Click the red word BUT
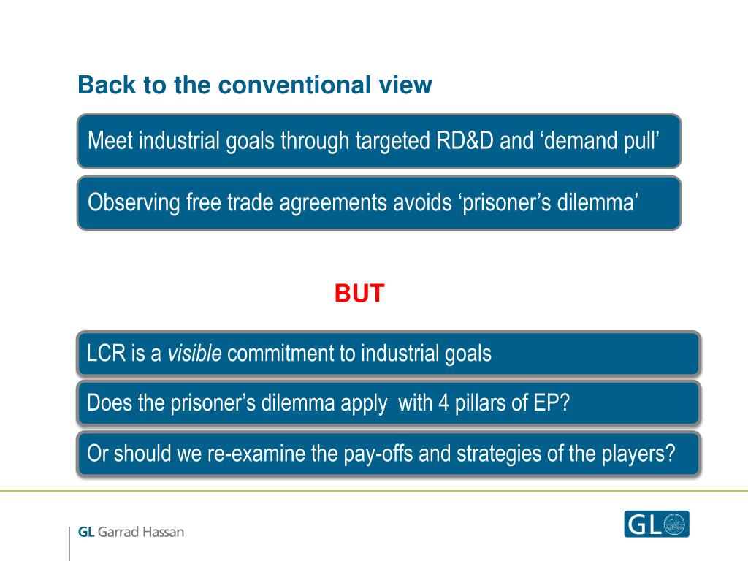(359, 293)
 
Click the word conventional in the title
(294, 85)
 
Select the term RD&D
(464, 141)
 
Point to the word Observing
(134, 203)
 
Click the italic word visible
(194, 353)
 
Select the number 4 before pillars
(443, 403)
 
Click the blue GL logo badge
(657, 524)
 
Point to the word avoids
(422, 203)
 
